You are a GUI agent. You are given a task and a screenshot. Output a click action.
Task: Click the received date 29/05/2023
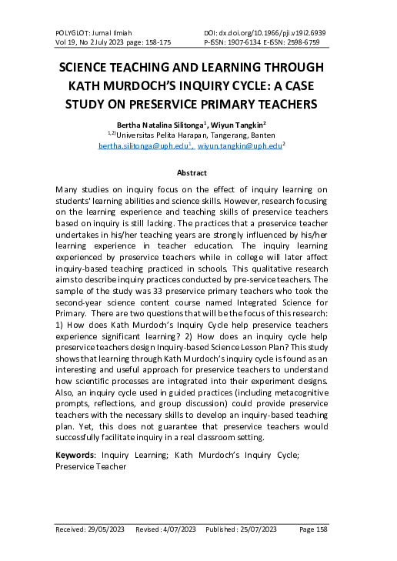coord(105,530)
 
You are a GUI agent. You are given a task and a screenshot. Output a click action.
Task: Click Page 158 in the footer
coord(313,530)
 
